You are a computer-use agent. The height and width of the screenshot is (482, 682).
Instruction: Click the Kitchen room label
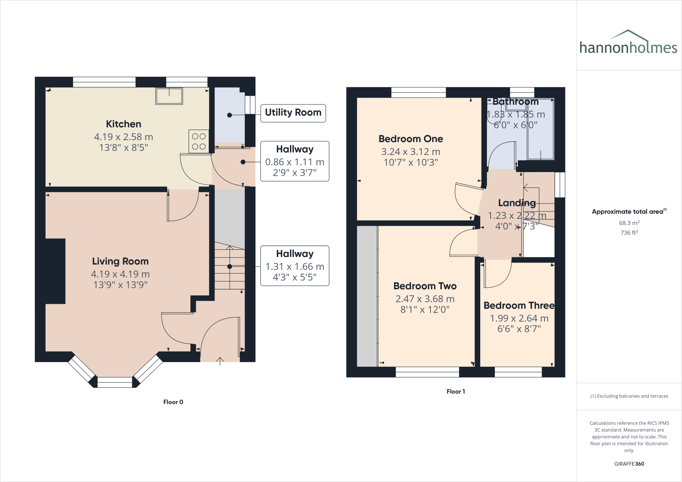pyautogui.click(x=124, y=124)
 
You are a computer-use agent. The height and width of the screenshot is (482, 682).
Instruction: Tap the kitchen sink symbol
pyautogui.click(x=169, y=96)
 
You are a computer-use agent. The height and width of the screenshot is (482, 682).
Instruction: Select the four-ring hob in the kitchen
pyautogui.click(x=199, y=141)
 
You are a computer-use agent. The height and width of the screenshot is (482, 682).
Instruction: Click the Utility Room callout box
pyautogui.click(x=293, y=113)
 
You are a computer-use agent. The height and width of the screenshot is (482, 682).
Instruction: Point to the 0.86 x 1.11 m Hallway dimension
pyautogui.click(x=294, y=162)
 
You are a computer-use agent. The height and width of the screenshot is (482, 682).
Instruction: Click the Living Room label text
pyautogui.click(x=120, y=261)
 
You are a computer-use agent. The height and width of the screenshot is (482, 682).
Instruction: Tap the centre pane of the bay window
pyautogui.click(x=115, y=382)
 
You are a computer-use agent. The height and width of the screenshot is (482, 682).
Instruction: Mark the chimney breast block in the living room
pyautogui.click(x=55, y=271)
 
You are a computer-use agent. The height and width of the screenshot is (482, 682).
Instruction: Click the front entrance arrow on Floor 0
pyautogui.click(x=220, y=361)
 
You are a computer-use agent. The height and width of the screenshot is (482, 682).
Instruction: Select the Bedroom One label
pyautogui.click(x=411, y=139)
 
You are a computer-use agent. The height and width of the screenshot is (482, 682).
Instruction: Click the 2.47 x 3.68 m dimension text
pyautogui.click(x=425, y=299)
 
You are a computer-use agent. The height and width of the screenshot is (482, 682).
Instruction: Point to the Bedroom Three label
pyautogui.click(x=518, y=306)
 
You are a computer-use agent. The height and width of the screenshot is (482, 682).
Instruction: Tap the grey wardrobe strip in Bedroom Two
pyautogui.click(x=367, y=296)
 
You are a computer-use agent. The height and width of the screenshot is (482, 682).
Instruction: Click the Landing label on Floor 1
pyautogui.click(x=517, y=203)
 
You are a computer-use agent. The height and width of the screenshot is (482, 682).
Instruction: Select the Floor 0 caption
pyautogui.click(x=173, y=402)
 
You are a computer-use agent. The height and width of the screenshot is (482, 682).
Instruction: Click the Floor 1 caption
pyautogui.click(x=456, y=391)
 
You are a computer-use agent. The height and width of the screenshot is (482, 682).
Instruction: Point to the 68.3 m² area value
pyautogui.click(x=629, y=223)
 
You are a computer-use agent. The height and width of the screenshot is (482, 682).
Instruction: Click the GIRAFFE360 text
pyautogui.click(x=629, y=464)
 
